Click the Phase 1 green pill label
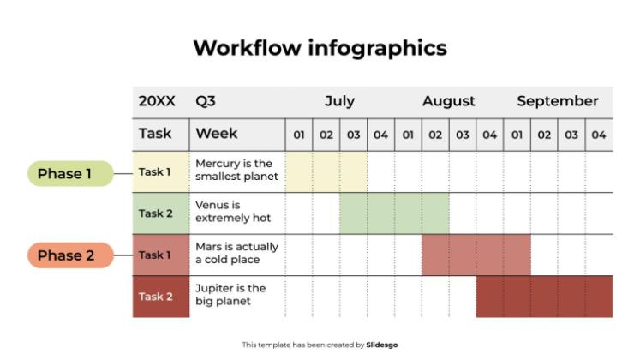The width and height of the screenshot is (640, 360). [70, 173]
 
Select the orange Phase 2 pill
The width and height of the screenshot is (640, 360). [70, 255]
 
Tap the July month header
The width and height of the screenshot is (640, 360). [339, 101]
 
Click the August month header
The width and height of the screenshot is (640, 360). [449, 101]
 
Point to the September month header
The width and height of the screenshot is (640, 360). [558, 101]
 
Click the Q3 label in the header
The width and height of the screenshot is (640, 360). [206, 101]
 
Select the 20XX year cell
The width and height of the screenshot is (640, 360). [157, 101]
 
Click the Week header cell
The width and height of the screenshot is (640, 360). [237, 135]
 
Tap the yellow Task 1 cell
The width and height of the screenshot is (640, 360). [161, 171]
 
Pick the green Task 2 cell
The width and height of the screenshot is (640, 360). [161, 213]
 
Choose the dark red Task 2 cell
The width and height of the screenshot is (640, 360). [161, 297]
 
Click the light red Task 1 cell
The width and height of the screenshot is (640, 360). [161, 255]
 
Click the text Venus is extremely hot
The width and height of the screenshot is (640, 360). [233, 212]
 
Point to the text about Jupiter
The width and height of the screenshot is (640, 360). [230, 295]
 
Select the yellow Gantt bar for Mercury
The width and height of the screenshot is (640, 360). [326, 171]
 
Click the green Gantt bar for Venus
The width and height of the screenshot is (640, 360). [394, 213]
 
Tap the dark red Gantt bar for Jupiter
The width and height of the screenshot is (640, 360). [545, 297]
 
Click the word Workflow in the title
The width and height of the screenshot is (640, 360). [248, 48]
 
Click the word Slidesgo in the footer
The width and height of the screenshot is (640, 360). [381, 345]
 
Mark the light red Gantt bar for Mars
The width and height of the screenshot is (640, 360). [476, 255]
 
